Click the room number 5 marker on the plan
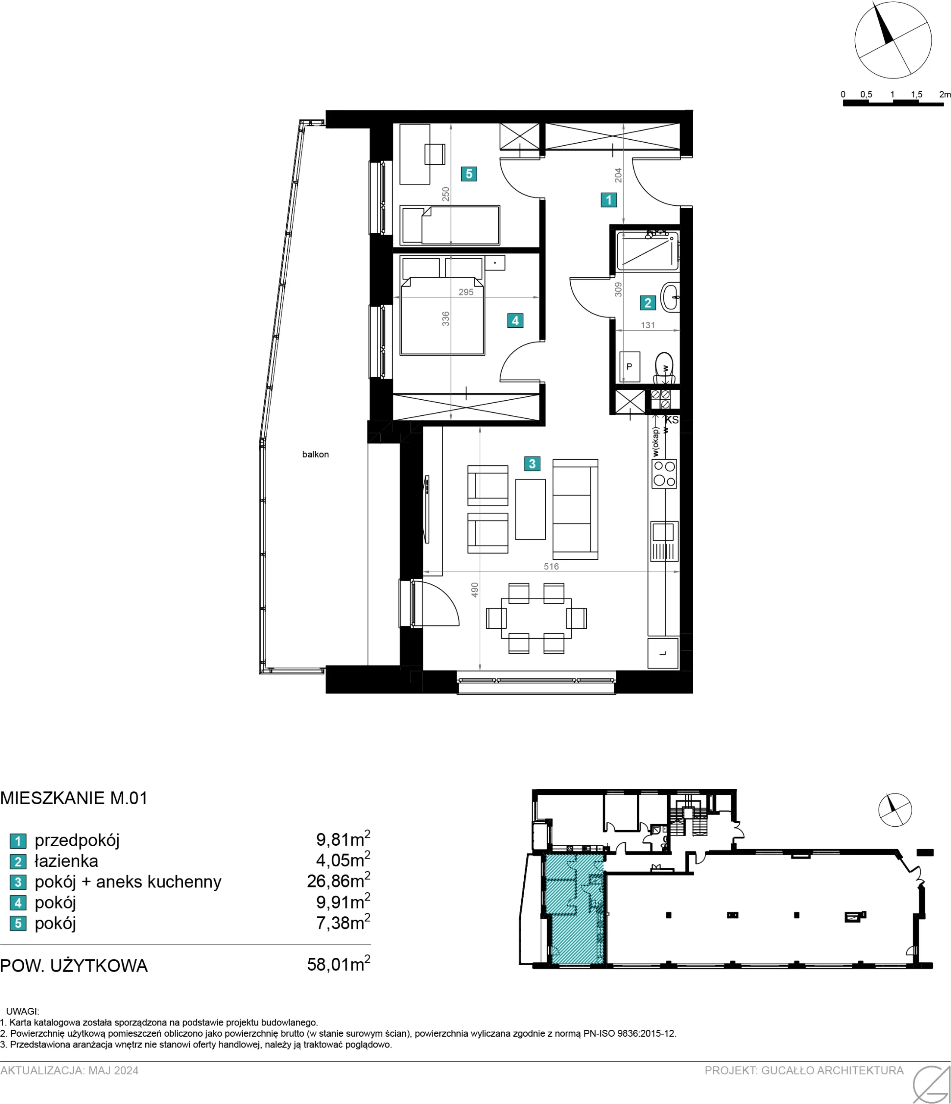(469, 174)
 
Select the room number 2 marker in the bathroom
(648, 303)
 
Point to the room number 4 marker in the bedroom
(515, 320)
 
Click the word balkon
(316, 455)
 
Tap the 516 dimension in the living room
(551, 566)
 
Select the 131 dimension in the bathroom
(648, 325)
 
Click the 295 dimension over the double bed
(466, 292)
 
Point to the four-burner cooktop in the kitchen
(664, 474)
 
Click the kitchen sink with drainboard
(664, 541)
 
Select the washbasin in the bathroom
(670, 297)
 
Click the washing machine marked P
(630, 367)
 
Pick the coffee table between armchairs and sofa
(530, 509)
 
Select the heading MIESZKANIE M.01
(74, 798)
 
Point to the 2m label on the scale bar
(945, 94)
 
